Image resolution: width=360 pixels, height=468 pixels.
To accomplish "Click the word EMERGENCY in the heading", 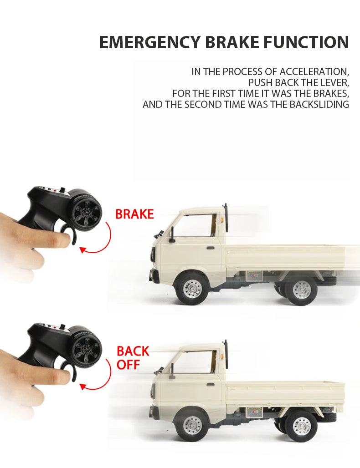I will point(151,42).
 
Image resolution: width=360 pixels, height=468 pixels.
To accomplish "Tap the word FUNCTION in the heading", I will point(306,42).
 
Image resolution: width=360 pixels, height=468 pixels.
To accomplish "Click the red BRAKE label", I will point(134,214).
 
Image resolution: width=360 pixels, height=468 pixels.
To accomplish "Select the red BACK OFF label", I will point(133,358).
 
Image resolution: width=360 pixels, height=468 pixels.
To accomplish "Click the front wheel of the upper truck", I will point(192,289).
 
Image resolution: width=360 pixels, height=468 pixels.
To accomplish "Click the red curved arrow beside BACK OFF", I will point(101,376).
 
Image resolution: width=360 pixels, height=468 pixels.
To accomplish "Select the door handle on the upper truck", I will point(210,248).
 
